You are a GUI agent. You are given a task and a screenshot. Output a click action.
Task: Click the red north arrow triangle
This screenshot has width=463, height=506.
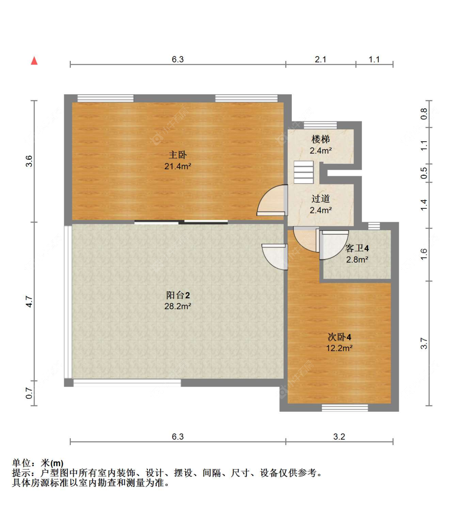(35, 61)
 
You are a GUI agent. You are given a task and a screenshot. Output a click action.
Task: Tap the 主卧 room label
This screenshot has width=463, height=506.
(178, 155)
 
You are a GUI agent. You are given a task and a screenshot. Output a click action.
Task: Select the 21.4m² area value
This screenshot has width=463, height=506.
(178, 166)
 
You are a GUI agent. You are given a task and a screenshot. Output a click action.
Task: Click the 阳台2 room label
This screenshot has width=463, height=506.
(178, 295)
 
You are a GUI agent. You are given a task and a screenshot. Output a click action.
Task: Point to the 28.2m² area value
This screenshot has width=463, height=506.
(178, 306)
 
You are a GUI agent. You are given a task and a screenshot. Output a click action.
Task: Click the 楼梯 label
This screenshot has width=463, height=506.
(321, 139)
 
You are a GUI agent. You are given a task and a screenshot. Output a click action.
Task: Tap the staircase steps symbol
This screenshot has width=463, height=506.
(304, 172)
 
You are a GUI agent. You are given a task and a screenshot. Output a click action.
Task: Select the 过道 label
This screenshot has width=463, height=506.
(321, 199)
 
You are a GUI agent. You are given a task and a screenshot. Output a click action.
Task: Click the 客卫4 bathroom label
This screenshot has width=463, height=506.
(357, 248)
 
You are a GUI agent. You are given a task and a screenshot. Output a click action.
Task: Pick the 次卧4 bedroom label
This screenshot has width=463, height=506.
(339, 337)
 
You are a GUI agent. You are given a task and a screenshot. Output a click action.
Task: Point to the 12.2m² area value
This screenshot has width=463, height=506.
(339, 348)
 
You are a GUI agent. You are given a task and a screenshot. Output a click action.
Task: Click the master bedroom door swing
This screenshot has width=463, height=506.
(272, 201)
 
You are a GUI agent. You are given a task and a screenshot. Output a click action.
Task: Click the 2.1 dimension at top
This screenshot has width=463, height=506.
(321, 59)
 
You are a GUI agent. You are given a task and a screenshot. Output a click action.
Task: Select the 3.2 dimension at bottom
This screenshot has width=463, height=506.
(339, 437)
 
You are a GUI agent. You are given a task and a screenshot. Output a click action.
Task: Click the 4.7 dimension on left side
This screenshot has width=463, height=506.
(29, 301)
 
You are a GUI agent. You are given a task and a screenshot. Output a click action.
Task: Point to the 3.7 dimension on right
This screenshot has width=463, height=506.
(424, 343)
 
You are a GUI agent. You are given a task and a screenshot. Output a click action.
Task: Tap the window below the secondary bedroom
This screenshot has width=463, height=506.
(344, 408)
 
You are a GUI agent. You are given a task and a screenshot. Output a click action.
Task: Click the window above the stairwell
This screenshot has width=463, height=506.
(320, 125)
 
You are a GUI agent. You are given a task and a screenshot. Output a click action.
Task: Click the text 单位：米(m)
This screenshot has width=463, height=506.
(38, 463)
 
